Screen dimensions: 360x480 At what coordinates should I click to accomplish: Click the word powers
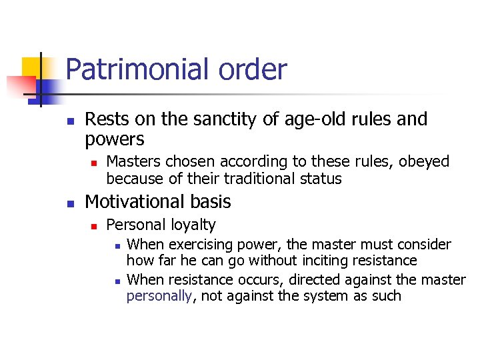pyautogui.click(x=115, y=139)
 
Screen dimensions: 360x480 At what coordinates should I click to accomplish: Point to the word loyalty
pyautogui.click(x=192, y=225)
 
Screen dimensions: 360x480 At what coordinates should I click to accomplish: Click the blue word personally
pyautogui.click(x=159, y=295)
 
